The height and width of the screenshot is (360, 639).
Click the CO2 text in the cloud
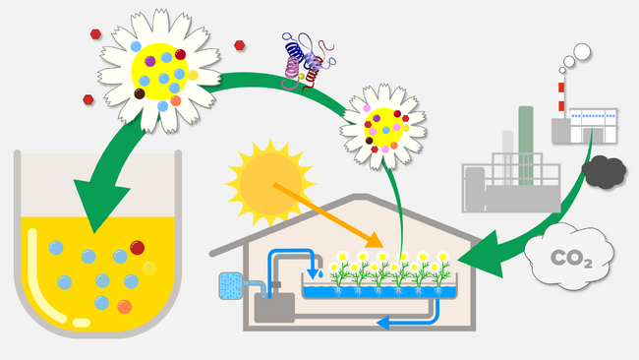click(570, 260)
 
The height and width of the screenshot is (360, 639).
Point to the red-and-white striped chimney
click(562, 99)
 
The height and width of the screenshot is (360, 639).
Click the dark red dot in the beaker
click(137, 248)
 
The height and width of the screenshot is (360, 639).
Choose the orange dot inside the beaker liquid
click(124, 306)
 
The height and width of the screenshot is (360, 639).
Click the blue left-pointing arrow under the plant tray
click(393, 320)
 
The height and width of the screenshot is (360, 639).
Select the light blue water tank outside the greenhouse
click(233, 284)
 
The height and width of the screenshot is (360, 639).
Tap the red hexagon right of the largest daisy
click(241, 44)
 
